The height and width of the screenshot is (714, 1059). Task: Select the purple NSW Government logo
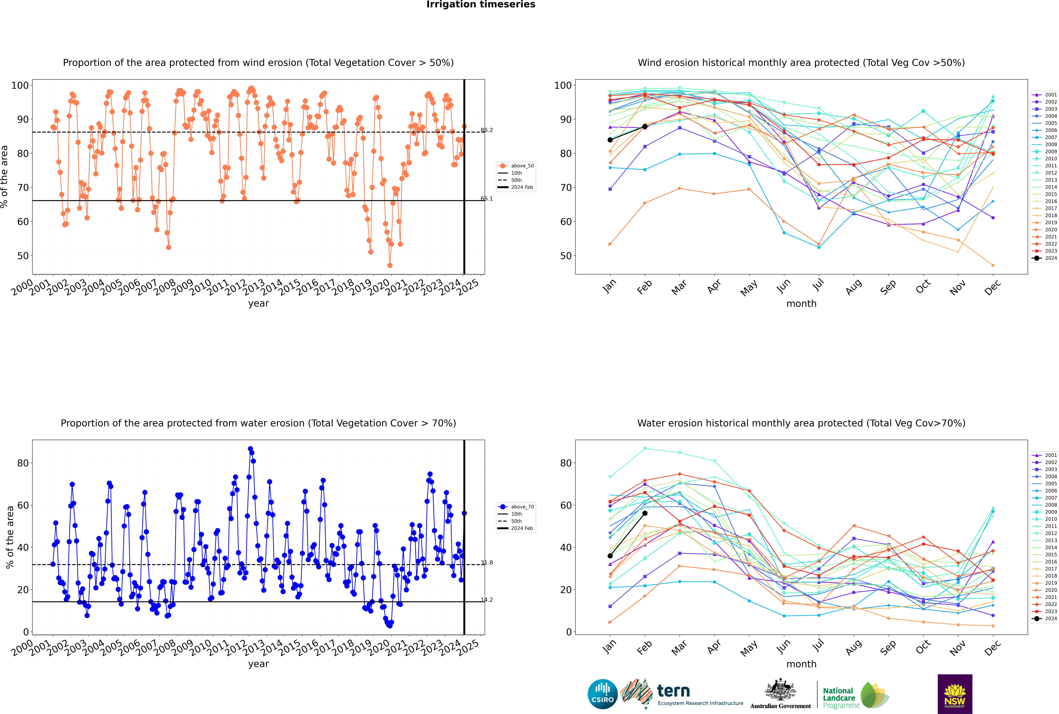click(955, 694)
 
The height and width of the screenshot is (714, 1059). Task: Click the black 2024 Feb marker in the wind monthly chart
click(645, 127)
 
